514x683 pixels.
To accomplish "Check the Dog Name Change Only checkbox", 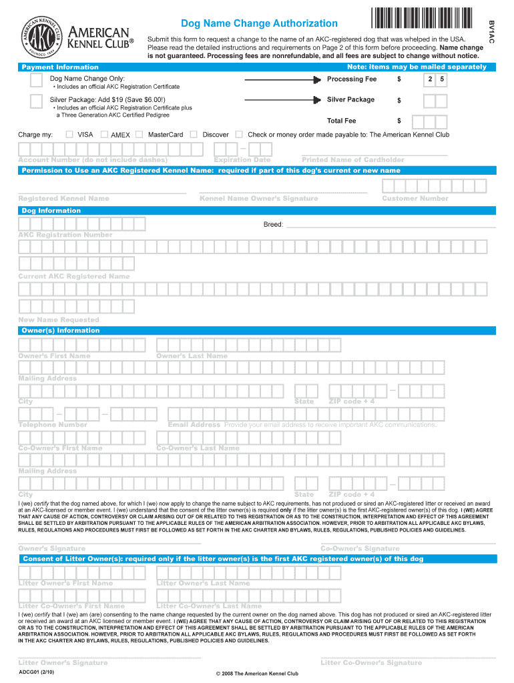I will click(x=38, y=81).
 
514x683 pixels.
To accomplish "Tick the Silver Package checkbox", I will click(x=38, y=101).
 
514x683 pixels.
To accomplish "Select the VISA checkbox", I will click(x=69, y=134).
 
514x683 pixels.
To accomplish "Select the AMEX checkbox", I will click(x=104, y=134).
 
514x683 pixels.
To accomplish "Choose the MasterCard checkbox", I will click(x=139, y=134).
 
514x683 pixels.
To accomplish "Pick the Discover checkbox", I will click(x=194, y=134).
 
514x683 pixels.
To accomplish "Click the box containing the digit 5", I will click(x=441, y=80).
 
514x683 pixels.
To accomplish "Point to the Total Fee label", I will click(x=341, y=121).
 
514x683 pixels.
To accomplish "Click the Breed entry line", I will click(x=391, y=225).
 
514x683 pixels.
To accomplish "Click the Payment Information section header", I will click(x=60, y=67).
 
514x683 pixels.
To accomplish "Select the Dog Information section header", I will click(x=51, y=211).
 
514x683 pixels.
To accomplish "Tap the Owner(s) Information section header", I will click(x=61, y=330).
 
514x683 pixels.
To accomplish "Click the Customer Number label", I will click(x=415, y=198).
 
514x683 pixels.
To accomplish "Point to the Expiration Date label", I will click(x=242, y=159).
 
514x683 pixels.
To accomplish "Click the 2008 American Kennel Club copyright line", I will click(x=257, y=674).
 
